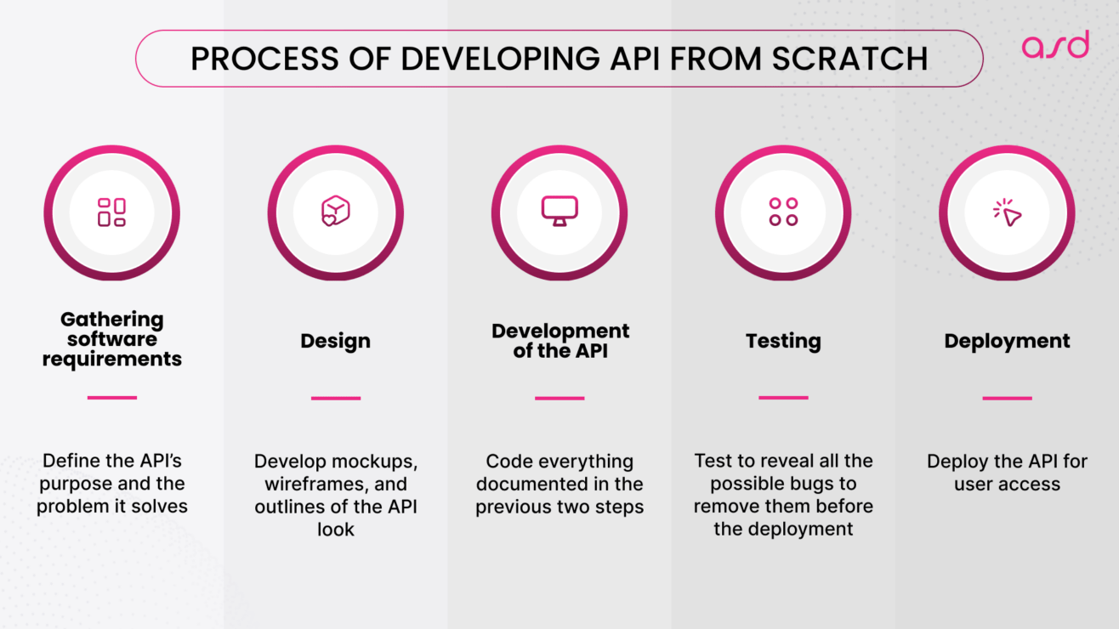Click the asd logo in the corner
pyautogui.click(x=1054, y=44)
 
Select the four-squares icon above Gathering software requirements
pyautogui.click(x=111, y=212)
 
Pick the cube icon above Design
pyautogui.click(x=335, y=212)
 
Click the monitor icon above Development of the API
pyautogui.click(x=559, y=211)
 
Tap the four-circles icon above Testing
pyautogui.click(x=783, y=212)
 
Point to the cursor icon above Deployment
pyautogui.click(x=1007, y=212)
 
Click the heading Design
pyautogui.click(x=335, y=342)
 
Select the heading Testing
pyautogui.click(x=783, y=342)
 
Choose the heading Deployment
pyautogui.click(x=1007, y=342)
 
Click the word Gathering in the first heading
pyautogui.click(x=111, y=320)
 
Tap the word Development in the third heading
pyautogui.click(x=560, y=331)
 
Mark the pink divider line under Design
pyautogui.click(x=335, y=398)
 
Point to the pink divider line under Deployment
pyautogui.click(x=1007, y=398)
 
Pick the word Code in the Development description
pyautogui.click(x=504, y=462)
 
